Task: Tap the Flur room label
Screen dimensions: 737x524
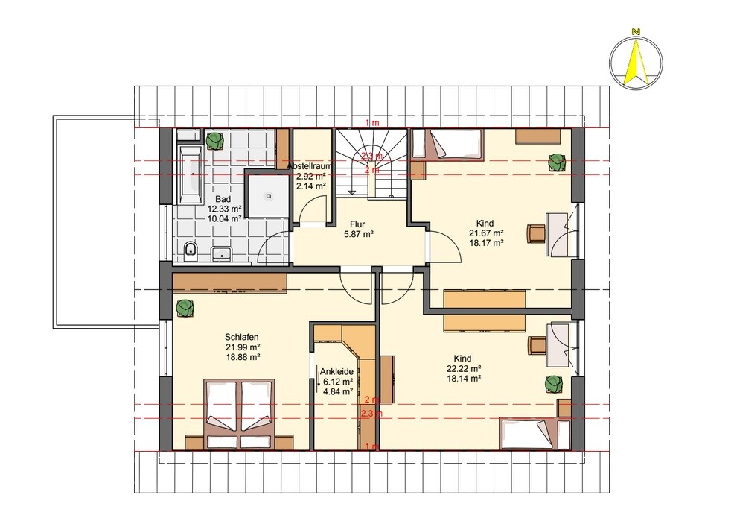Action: [357, 224]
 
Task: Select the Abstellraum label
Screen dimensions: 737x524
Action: [310, 166]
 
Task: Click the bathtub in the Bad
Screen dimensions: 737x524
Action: [189, 175]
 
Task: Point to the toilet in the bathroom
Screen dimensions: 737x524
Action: [190, 250]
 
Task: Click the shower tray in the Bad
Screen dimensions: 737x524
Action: [269, 195]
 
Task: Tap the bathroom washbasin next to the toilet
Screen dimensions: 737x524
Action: [221, 253]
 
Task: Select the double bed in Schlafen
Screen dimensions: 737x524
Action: [240, 414]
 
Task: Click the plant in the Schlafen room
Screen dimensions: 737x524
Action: [185, 309]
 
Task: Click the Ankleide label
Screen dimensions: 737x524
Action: [337, 371]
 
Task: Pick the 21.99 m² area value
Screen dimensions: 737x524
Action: [243, 347]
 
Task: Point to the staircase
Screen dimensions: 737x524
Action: [371, 162]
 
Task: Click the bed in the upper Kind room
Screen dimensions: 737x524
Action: [447, 144]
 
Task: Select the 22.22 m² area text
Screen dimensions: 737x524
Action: [463, 368]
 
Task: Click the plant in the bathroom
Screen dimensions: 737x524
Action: [214, 140]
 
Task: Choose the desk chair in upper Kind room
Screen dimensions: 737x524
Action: [537, 234]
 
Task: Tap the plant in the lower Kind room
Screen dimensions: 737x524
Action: [554, 383]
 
